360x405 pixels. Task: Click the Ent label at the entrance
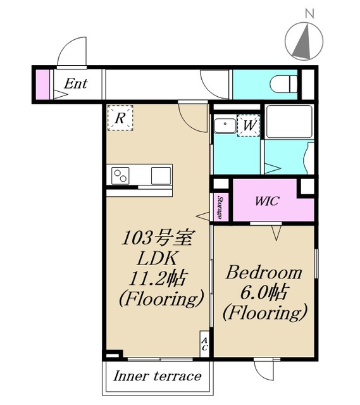[75, 84]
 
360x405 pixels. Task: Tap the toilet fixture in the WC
[283, 84]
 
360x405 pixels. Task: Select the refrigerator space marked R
[120, 118]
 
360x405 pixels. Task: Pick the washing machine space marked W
[249, 125]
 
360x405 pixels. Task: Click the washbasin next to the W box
[225, 126]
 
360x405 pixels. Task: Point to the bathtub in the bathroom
[289, 121]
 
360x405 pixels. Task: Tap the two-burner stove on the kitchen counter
[120, 176]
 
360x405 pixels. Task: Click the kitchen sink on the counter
[161, 176]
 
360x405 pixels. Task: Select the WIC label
[267, 201]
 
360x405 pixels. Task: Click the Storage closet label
[220, 208]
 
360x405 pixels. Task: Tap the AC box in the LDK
[204, 344]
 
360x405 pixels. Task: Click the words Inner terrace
[158, 376]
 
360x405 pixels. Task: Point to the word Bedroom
[264, 273]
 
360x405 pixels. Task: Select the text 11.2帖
[158, 278]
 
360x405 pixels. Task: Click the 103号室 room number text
[157, 238]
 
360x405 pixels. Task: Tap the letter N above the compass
[309, 13]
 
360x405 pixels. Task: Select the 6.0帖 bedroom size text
[263, 292]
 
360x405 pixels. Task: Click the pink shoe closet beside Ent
[42, 84]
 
